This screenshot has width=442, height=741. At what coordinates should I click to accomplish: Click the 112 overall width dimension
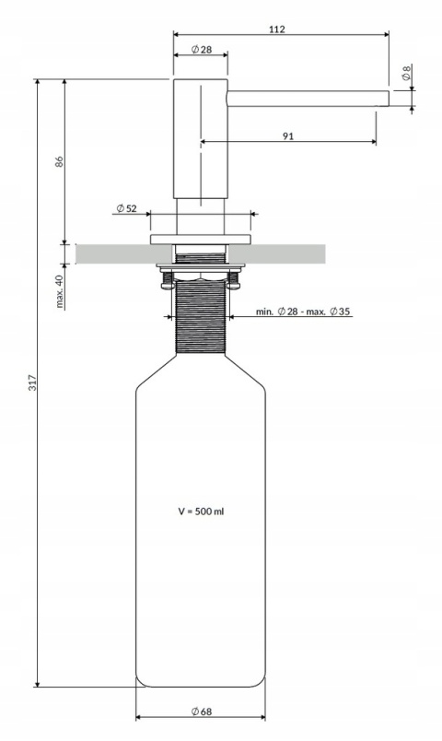coord(277,29)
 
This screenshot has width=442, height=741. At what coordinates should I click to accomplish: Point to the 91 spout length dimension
coord(288,135)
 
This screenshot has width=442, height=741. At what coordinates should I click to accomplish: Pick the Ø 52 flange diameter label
coord(126,209)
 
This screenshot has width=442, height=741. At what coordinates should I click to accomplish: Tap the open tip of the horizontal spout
coord(386,99)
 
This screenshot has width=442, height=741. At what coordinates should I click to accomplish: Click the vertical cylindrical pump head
coord(199,138)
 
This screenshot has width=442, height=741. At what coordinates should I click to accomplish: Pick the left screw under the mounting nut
coord(166,281)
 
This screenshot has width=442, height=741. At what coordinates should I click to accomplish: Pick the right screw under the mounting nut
coord(234,281)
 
